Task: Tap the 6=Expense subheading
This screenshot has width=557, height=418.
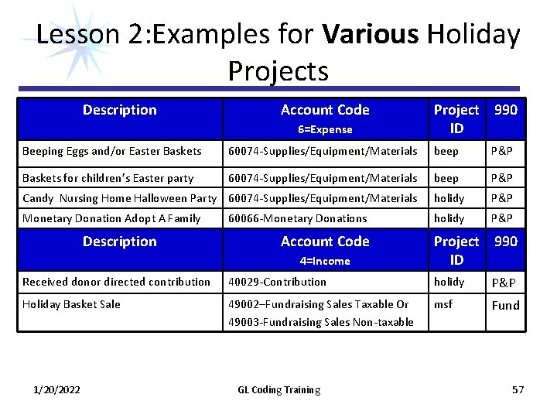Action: point(325,130)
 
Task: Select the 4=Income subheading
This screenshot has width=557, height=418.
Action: point(325,262)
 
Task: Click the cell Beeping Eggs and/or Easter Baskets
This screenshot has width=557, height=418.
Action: point(112,152)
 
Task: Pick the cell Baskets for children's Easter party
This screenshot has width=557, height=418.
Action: point(108,178)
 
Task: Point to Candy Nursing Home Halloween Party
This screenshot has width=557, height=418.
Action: point(120,199)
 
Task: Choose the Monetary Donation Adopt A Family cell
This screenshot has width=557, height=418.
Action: point(112,219)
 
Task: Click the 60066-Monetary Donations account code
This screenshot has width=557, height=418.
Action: point(297,219)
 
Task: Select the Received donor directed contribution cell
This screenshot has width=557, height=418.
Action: point(116,282)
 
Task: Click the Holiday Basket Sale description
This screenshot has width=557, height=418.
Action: point(71,304)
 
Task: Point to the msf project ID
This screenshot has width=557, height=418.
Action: point(443,304)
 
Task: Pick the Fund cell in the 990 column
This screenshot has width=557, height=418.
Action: point(506,305)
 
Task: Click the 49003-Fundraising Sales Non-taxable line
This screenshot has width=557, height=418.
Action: point(320,322)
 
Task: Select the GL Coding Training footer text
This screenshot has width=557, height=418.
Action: point(278,389)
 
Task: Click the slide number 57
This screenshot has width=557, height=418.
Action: point(518,389)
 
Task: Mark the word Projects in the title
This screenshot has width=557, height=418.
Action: point(278,71)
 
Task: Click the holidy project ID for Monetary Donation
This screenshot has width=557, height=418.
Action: point(449,219)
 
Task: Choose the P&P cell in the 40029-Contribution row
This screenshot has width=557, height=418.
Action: point(506,283)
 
